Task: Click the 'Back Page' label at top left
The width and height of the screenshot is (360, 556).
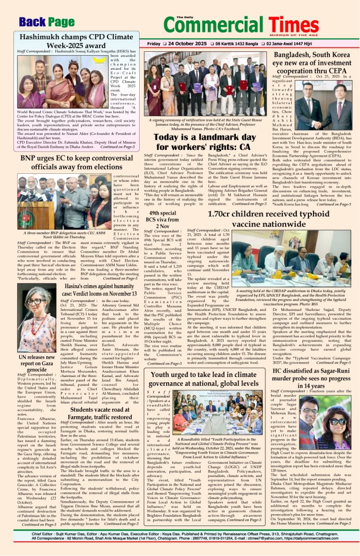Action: click(47, 21)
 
